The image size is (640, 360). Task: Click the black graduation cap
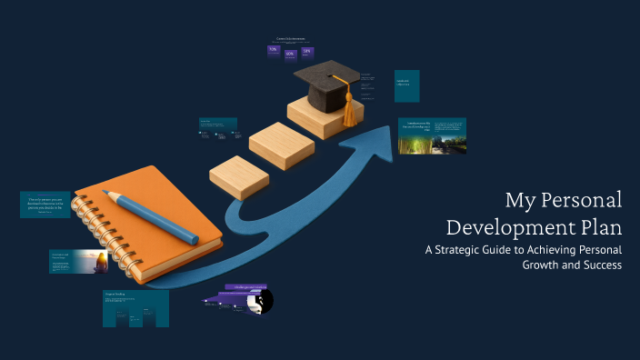(x=319, y=85)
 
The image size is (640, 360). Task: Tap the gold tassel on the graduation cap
(x=348, y=110)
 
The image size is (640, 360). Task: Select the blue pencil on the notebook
(x=150, y=215)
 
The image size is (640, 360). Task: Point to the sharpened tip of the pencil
(x=106, y=193)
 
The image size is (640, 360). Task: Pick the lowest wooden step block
(x=238, y=176)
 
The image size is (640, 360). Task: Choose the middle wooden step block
(x=281, y=145)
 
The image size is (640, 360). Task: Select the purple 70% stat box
(x=273, y=51)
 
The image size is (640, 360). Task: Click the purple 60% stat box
(x=290, y=54)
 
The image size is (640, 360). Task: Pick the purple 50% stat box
(x=307, y=52)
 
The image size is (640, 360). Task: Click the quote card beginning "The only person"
(x=45, y=205)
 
